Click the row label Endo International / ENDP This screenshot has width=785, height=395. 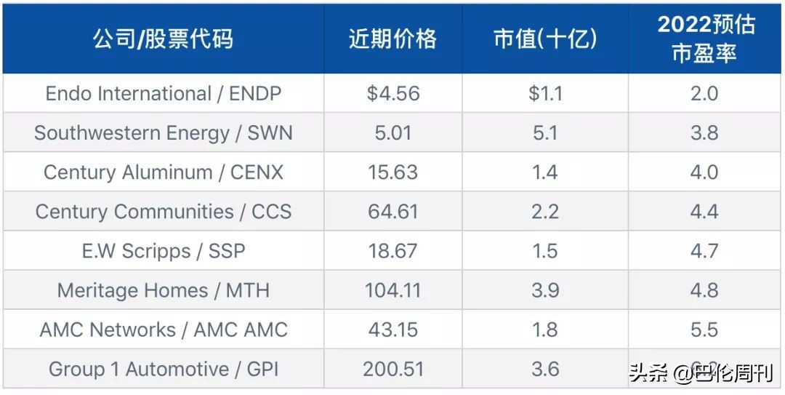coord(163,94)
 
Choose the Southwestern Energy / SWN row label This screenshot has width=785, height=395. coord(163,133)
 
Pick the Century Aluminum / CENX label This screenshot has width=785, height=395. coord(163,172)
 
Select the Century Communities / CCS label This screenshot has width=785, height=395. coord(163,212)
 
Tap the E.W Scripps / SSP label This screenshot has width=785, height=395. coord(163,251)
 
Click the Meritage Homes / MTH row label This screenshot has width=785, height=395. coord(163,290)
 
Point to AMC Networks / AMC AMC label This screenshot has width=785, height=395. coord(163,330)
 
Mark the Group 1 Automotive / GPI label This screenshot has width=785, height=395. coord(163,369)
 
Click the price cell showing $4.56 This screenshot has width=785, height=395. coord(392,94)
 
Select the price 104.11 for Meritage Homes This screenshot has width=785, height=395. coord(392,290)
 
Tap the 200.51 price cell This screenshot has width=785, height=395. coord(392,369)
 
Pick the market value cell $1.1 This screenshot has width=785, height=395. coord(545,94)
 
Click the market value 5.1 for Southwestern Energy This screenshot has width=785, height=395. coord(545,133)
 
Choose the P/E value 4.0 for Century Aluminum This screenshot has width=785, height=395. coord(704,172)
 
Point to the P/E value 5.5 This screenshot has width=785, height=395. coord(704,330)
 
